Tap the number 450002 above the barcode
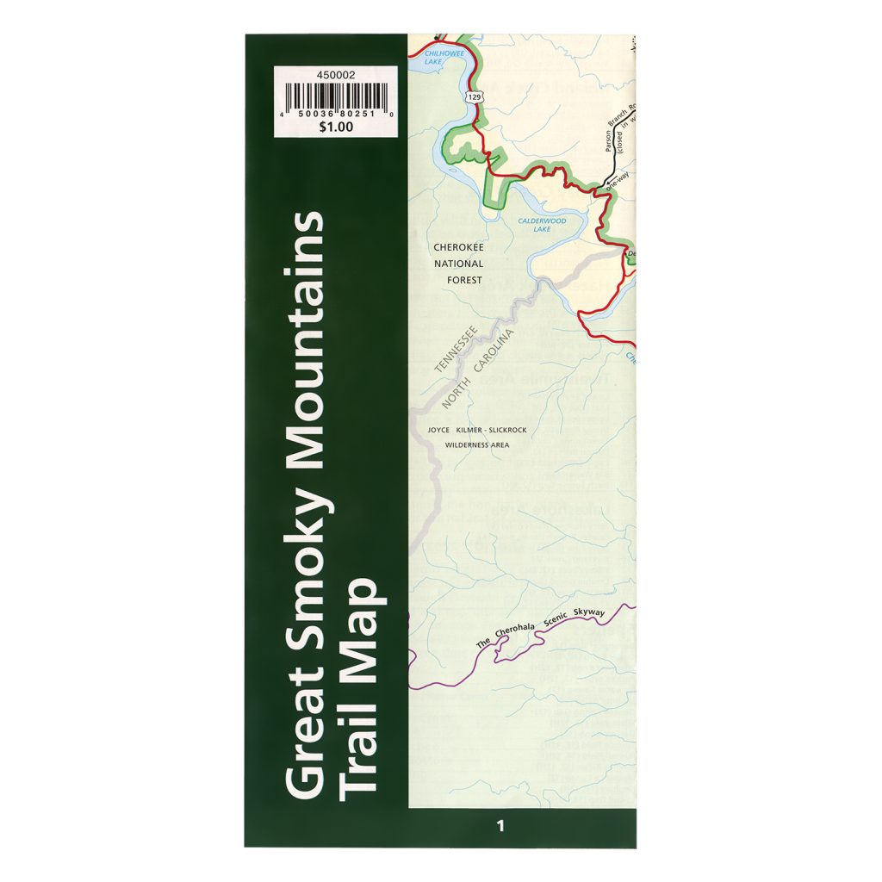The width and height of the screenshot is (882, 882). tap(335, 75)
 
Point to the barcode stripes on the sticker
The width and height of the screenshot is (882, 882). tap(335, 96)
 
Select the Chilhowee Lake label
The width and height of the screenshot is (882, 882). tap(444, 57)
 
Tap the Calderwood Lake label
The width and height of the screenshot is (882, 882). tap(542, 225)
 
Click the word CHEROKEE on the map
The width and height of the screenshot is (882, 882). tap(459, 247)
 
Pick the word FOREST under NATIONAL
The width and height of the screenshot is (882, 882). tap(464, 280)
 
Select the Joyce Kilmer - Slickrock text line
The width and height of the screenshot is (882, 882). tap(476, 430)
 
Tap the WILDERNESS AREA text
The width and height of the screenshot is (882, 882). tap(476, 445)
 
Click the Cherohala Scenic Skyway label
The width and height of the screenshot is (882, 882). tap(542, 626)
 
